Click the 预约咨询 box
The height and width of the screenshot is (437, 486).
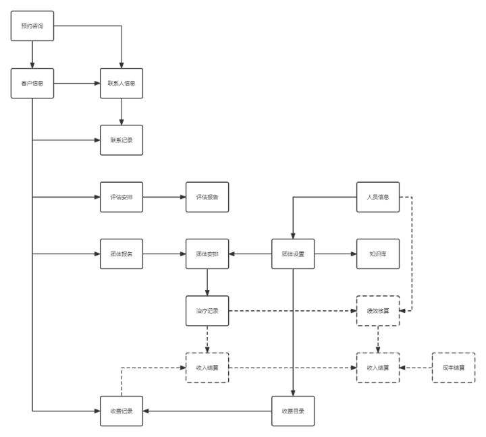pos(32,26)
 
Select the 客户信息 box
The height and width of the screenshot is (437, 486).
pos(32,84)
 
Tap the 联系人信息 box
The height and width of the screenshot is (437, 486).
pos(122,84)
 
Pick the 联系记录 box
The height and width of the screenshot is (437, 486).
pos(122,140)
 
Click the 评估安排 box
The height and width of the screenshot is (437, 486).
pos(122,197)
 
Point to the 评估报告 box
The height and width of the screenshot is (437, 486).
pos(207,197)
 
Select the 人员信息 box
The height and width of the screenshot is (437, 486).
pos(378,197)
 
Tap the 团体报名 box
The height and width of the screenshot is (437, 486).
pos(122,254)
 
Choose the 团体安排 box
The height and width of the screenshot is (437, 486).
pos(207,254)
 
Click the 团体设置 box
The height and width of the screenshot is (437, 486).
pos(293,254)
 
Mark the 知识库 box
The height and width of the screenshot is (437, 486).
pos(378,254)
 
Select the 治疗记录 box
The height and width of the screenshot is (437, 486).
pos(207,311)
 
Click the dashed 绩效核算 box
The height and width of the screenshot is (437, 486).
pos(378,311)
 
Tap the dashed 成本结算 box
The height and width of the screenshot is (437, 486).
pos(453,368)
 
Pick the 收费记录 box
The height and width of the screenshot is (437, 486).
pos(122,411)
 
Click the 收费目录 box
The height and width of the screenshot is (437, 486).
pos(293,411)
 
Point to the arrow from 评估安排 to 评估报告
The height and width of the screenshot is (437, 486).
pos(164,197)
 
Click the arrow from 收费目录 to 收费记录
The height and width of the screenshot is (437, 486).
pos(207,411)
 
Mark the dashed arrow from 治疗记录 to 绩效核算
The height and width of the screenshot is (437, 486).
pos(292,311)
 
